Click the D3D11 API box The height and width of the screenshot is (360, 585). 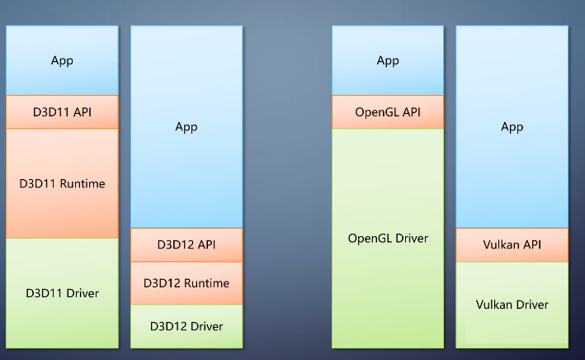click(63, 112)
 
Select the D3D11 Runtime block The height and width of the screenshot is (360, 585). click(63, 183)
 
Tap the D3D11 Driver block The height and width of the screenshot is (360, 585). click(63, 293)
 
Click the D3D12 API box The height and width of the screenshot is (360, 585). click(186, 244)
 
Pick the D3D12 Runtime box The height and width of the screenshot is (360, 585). click(186, 283)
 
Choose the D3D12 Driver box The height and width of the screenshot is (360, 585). click(186, 326)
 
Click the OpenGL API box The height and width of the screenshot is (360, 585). click(388, 112)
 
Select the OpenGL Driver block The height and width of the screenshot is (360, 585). click(388, 239)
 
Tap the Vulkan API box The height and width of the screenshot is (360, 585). click(512, 244)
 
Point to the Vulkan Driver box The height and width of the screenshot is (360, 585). click(512, 305)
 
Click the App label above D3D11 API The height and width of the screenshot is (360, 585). click(63, 61)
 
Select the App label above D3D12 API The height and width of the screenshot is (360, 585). click(186, 127)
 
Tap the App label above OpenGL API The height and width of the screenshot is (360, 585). click(388, 61)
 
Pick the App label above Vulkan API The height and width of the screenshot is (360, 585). click(512, 127)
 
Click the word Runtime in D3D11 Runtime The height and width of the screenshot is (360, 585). click(83, 183)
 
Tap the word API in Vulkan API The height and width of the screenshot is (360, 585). click(532, 244)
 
